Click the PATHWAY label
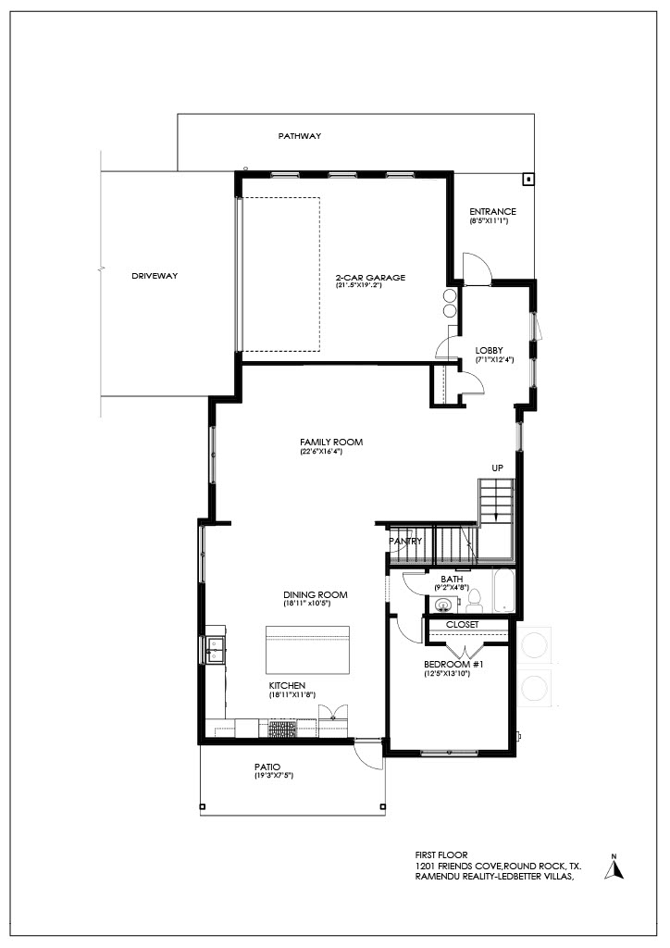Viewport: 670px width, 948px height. (x=300, y=136)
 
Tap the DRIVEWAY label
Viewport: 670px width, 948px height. (x=155, y=276)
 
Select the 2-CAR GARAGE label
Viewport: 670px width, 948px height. (x=370, y=278)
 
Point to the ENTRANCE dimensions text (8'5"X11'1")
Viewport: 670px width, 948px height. (x=490, y=221)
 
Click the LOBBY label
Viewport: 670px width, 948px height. (x=489, y=351)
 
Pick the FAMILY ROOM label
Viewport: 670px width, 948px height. (x=331, y=442)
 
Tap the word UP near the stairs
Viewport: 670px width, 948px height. (x=497, y=468)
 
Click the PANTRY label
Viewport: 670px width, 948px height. (x=405, y=541)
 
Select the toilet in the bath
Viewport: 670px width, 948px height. (x=475, y=599)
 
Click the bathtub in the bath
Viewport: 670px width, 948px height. (x=503, y=591)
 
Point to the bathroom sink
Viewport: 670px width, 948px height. (x=444, y=604)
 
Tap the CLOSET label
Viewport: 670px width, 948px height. (x=462, y=625)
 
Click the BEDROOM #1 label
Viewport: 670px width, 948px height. (x=453, y=665)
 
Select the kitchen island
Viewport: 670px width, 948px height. (x=307, y=650)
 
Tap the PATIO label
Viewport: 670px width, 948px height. (x=267, y=767)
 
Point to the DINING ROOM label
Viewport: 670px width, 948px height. (x=316, y=595)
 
